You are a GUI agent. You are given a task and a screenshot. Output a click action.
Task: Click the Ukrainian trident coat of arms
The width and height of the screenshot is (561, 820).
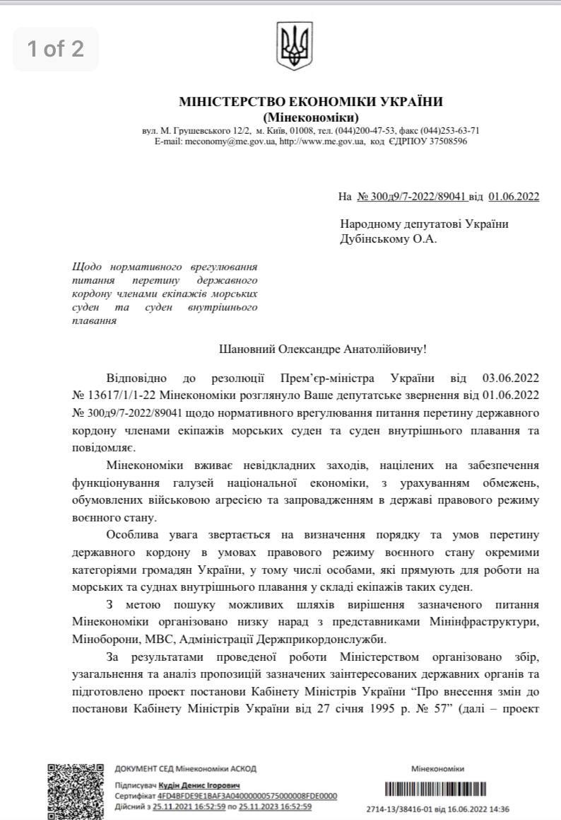click(290, 47)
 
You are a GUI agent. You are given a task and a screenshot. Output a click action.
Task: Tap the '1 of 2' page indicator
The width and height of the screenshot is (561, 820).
click(55, 49)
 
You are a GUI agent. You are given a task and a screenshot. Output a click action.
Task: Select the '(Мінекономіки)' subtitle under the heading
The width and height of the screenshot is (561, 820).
click(311, 117)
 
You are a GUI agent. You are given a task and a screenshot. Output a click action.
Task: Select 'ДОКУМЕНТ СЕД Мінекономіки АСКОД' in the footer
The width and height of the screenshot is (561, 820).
click(185, 769)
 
